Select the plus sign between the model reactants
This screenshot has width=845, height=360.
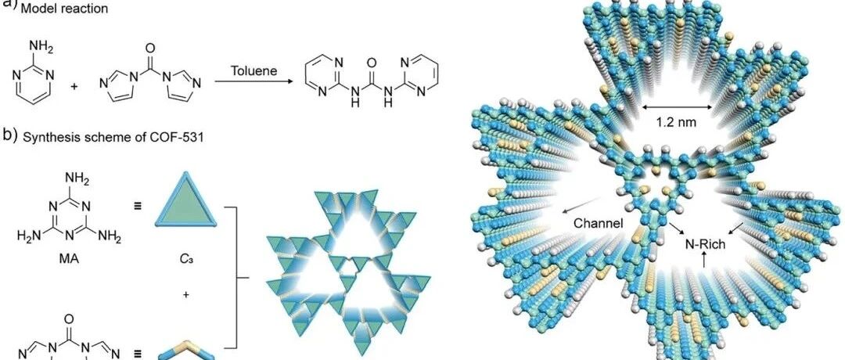click(x=74, y=85)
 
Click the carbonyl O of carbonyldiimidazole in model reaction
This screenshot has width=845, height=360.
click(x=150, y=49)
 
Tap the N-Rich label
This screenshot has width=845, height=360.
click(x=705, y=244)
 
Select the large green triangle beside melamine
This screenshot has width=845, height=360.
click(x=186, y=200)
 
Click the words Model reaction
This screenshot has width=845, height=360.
click(x=64, y=9)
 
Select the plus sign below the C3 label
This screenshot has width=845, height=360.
click(x=186, y=294)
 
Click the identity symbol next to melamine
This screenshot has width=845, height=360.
click(x=138, y=206)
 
